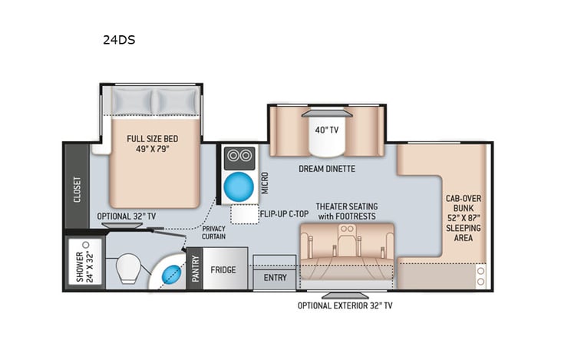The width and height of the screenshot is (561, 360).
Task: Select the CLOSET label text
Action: tap(78, 187)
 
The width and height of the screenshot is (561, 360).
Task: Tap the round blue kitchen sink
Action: tap(239, 187)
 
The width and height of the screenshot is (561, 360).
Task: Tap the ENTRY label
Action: tap(274, 276)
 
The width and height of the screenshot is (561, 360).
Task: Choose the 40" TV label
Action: tap(326, 130)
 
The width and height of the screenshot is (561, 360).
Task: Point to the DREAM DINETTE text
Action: tap(327, 169)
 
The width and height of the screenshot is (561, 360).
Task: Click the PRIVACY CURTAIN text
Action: tap(214, 233)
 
